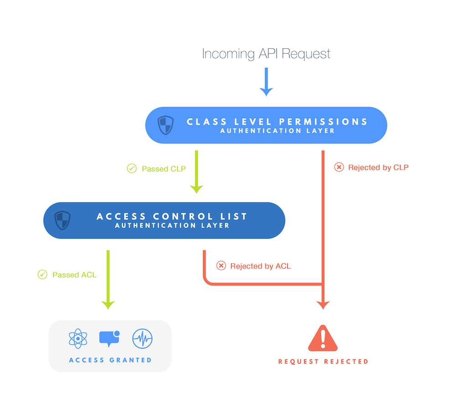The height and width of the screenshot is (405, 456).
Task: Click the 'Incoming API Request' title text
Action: (x=266, y=54)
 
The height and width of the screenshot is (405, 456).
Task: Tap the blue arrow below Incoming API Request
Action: (x=266, y=82)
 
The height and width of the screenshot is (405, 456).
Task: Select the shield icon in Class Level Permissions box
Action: (x=166, y=125)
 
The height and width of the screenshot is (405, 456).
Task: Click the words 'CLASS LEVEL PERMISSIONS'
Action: (x=277, y=122)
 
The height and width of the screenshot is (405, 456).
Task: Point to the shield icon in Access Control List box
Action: (x=62, y=220)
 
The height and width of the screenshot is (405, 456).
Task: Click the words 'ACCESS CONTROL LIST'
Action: (x=172, y=216)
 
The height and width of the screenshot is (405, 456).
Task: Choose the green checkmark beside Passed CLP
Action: (x=132, y=169)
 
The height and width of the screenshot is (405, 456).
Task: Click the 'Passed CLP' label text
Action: (x=164, y=169)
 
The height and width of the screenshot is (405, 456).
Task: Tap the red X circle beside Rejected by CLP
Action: (x=339, y=167)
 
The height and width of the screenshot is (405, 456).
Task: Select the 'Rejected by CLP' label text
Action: (x=378, y=167)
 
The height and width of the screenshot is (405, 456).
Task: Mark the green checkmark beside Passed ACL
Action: (x=42, y=275)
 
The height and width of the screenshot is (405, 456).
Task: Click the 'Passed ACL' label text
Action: (x=74, y=275)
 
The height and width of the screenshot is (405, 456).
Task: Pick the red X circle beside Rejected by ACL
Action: (x=221, y=266)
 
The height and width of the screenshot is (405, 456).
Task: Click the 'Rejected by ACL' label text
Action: (x=260, y=266)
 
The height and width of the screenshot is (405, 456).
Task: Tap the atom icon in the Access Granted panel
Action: (x=78, y=339)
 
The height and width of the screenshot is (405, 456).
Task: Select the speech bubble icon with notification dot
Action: (x=109, y=338)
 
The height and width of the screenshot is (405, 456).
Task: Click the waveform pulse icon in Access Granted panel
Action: (x=142, y=339)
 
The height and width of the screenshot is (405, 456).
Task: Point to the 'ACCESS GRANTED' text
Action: (x=110, y=360)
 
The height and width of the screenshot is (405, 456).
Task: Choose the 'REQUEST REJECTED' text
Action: (x=323, y=361)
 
